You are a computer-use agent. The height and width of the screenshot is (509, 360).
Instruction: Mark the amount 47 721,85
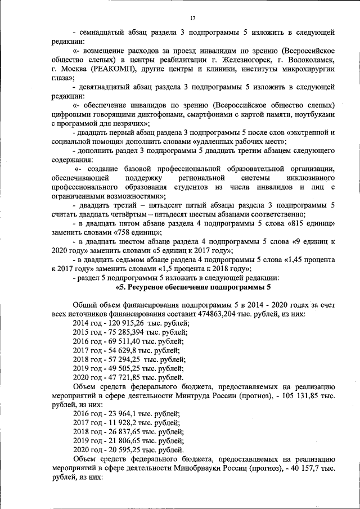pyautogui.click(x=120, y=377)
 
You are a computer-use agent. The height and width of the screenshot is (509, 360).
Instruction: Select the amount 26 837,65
pyautogui.click(x=120, y=431)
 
